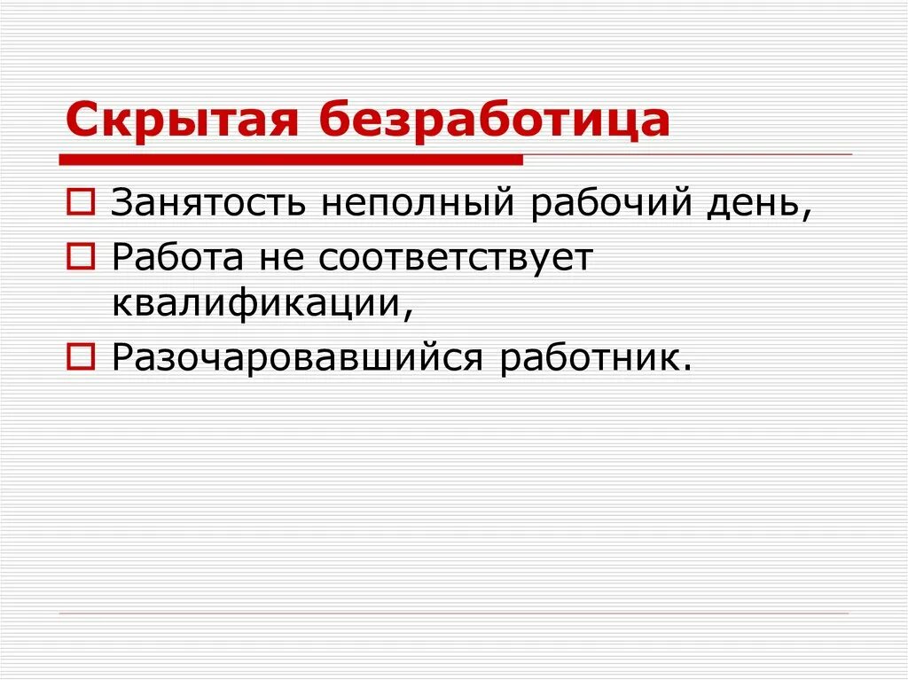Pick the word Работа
(177, 257)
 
